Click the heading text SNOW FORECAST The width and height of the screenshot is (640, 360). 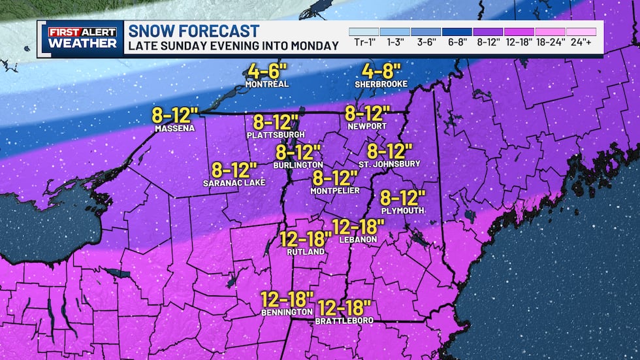(193, 31)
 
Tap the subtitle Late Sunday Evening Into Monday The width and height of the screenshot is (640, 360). (233, 46)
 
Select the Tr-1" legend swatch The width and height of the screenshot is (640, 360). (364, 31)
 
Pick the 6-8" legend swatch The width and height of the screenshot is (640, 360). (456, 31)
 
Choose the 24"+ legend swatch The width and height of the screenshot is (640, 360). (581, 31)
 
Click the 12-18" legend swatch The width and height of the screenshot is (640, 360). (519, 31)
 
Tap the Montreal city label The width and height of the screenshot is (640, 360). (266, 85)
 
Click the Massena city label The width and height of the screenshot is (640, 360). (174, 129)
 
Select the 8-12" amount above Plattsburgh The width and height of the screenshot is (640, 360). (276, 122)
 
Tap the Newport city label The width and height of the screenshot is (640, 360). (367, 126)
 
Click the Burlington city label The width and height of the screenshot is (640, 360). (298, 165)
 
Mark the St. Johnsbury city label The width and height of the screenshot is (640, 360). (389, 164)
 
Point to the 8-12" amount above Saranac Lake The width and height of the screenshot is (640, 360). (234, 171)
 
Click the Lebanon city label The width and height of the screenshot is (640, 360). (358, 240)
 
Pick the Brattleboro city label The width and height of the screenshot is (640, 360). (344, 321)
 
